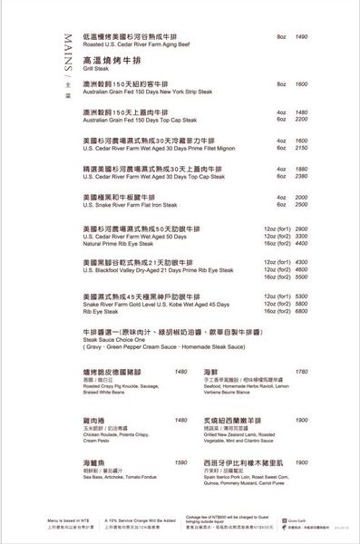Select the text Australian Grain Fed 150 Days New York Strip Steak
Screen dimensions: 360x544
click(x=146, y=92)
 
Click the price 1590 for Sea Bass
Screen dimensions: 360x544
click(x=181, y=461)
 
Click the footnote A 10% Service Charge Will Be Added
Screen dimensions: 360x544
click(x=145, y=520)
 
